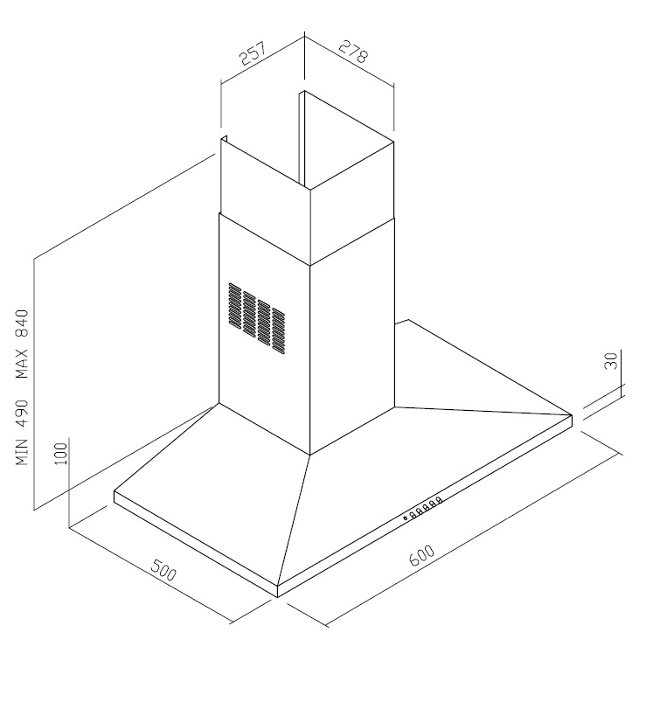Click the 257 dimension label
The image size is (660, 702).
point(253,53)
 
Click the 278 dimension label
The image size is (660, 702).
point(353,51)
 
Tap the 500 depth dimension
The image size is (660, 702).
point(163,570)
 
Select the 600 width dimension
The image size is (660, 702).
point(422,555)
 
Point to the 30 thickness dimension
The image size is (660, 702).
point(611,361)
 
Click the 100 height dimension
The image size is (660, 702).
point(61,454)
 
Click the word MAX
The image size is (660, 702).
point(22,363)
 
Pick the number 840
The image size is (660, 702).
point(22,323)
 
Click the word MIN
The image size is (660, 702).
point(22,452)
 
